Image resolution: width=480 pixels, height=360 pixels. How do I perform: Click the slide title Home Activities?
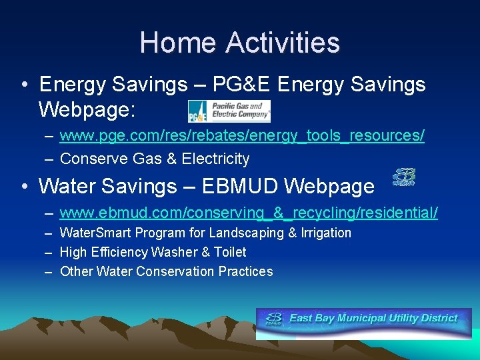239,43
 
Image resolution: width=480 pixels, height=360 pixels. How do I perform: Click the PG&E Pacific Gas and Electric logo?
229,111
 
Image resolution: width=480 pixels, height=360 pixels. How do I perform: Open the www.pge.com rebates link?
242,136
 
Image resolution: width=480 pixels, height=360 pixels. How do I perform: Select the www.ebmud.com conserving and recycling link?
249,213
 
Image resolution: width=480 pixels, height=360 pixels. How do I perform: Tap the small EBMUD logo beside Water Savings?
403,177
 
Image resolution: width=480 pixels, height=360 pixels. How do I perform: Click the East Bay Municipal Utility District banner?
363,322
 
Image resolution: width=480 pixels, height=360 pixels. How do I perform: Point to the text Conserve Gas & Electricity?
155,159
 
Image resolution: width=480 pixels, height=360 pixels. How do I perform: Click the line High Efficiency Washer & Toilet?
153,252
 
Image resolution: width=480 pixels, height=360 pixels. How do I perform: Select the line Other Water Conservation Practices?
166,271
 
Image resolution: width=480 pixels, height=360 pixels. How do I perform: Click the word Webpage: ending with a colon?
89,108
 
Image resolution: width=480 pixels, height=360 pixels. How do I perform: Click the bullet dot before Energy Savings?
24,85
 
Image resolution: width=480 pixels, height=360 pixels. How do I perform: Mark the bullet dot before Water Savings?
24,187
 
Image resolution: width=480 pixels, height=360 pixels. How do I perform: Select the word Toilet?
229,252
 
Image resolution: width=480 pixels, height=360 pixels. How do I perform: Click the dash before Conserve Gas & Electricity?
50,159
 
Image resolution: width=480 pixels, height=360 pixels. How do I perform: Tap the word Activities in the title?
283,43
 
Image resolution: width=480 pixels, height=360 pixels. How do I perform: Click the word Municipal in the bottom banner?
367,318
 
